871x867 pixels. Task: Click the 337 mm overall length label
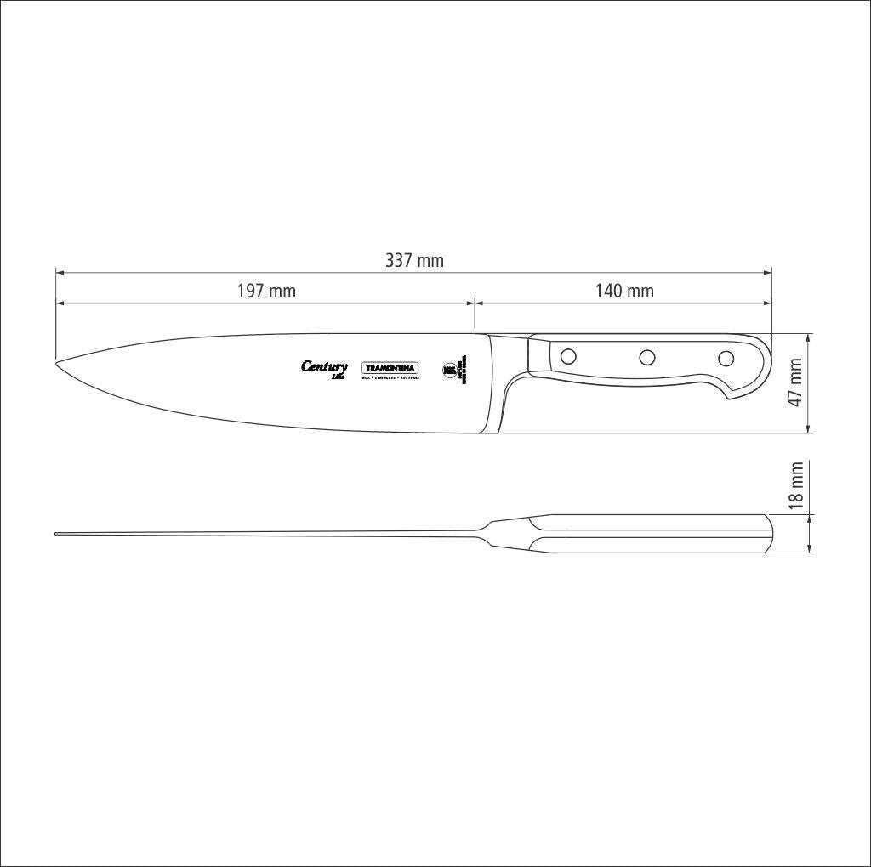coord(414,260)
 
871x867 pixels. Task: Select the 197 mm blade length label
coord(265,292)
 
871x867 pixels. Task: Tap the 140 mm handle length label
coord(624,292)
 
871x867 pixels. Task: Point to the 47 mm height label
coord(796,382)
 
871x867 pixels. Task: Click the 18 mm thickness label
coord(796,485)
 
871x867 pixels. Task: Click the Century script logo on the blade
coord(324,367)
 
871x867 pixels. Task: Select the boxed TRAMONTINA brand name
coord(391,367)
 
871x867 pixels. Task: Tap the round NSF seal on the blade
coord(449,370)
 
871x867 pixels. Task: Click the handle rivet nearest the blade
coord(569,356)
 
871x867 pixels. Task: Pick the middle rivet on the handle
coord(647,357)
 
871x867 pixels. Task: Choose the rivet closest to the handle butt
coord(726,358)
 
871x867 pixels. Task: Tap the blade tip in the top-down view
coord(57,534)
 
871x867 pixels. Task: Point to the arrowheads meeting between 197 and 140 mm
coord(474,303)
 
